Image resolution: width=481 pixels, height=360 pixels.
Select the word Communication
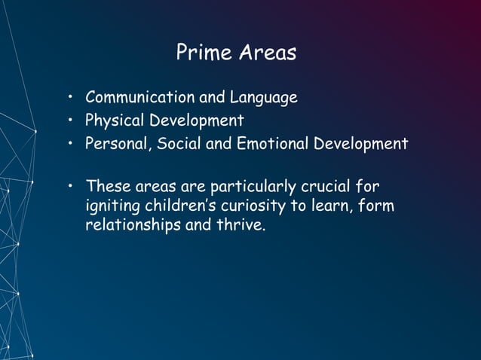[x=139, y=98]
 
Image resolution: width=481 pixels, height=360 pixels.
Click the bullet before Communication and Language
[x=69, y=99]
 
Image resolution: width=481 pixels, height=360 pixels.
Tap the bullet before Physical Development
[x=69, y=121]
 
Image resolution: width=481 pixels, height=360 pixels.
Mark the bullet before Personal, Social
[x=69, y=144]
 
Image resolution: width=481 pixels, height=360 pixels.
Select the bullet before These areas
[x=69, y=185]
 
